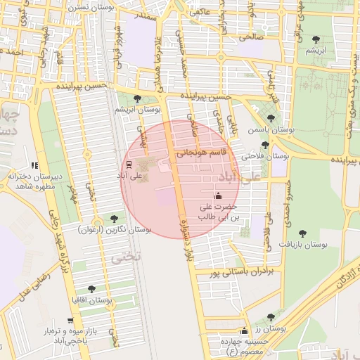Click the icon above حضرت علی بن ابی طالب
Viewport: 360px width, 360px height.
pyautogui.click(x=217, y=196)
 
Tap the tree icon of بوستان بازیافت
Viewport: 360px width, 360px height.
pyautogui.click(x=302, y=233)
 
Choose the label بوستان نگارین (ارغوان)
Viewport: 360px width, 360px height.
pyautogui.click(x=115, y=230)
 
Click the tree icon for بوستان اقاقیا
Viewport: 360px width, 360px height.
pyautogui.click(x=91, y=289)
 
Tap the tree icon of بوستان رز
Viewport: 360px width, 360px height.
pyautogui.click(x=271, y=317)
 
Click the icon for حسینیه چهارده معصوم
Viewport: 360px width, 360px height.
pyautogui.click(x=244, y=331)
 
